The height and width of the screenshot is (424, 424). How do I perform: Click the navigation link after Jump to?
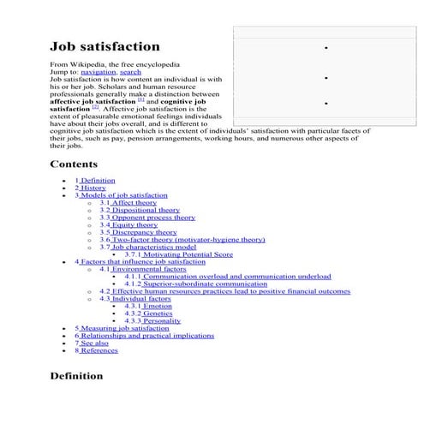pyautogui.click(x=99, y=73)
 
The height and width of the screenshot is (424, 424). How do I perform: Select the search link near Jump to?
pyautogui.click(x=131, y=73)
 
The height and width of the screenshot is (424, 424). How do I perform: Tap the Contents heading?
pyautogui.click(x=74, y=164)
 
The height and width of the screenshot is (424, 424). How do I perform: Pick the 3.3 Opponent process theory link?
pyautogui.click(x=147, y=218)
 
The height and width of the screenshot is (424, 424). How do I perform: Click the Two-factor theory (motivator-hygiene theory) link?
pyautogui.click(x=182, y=240)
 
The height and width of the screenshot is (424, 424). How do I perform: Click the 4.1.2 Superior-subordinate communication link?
pyautogui.click(x=195, y=284)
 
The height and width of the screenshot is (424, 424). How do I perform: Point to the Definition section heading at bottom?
pyautogui.click(x=76, y=375)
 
